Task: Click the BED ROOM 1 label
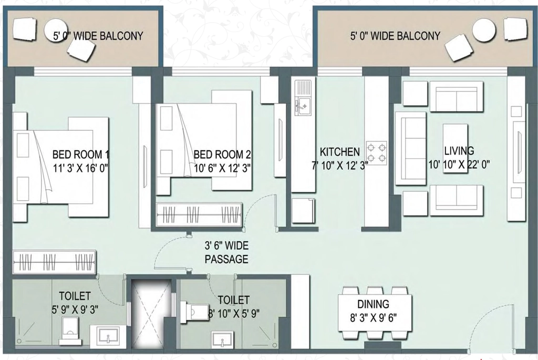pos(80,154)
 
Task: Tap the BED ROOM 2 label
pos(222,154)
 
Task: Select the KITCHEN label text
pos(340,152)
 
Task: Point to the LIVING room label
pos(459,151)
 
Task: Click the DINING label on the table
pos(374,304)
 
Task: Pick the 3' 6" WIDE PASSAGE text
pos(226,252)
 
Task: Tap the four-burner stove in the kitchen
pos(376,153)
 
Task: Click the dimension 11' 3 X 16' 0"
pos(80,168)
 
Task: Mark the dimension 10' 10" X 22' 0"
pos(459,164)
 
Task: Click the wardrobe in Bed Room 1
pos(54,262)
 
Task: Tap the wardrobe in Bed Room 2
pos(199,215)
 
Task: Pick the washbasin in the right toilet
pos(222,339)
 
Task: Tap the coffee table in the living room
pos(456,148)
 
